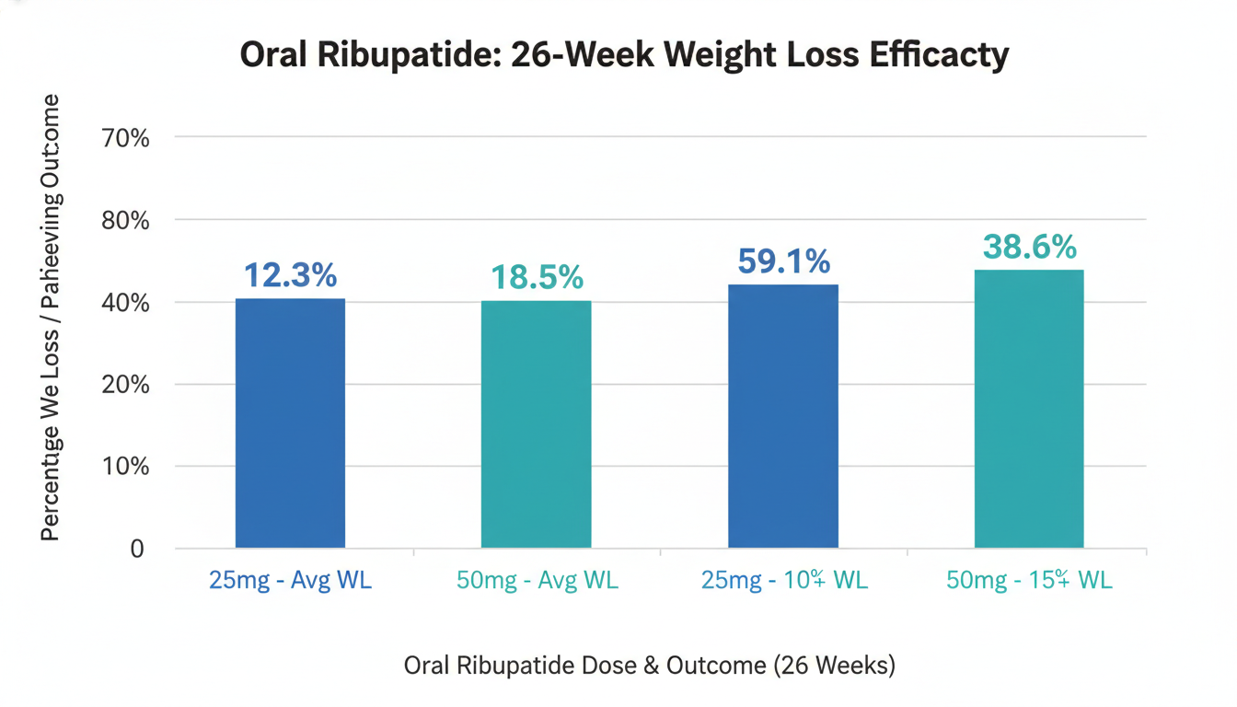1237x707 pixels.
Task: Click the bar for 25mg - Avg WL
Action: (x=290, y=423)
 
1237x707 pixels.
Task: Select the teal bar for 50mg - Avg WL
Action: (x=536, y=424)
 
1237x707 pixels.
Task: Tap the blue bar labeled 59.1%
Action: (x=783, y=416)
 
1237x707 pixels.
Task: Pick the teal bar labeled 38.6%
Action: (x=1029, y=409)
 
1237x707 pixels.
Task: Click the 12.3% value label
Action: (x=290, y=274)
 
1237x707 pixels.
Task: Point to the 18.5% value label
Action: (x=537, y=276)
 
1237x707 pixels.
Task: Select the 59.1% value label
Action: (x=783, y=261)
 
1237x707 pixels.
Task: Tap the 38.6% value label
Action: (x=1029, y=247)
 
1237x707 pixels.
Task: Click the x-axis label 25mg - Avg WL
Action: (x=290, y=581)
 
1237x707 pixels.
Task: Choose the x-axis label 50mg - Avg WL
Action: (x=537, y=581)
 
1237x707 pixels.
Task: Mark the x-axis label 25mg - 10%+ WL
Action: (x=783, y=581)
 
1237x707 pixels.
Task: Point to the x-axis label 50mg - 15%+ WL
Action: (x=1029, y=581)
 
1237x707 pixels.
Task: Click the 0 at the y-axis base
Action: (x=137, y=549)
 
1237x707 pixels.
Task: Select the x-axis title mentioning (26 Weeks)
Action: (x=649, y=666)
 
